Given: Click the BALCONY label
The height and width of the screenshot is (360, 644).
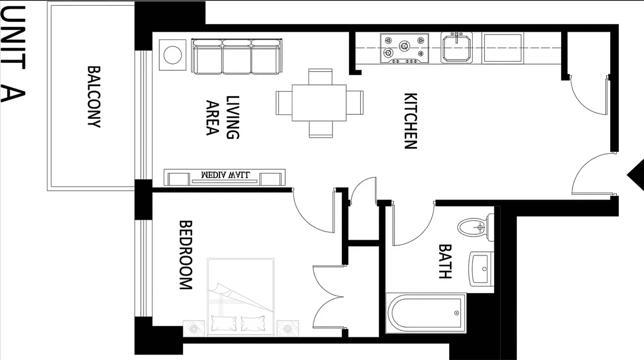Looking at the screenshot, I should point(94,97).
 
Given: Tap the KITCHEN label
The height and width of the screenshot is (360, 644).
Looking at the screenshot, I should point(411,121).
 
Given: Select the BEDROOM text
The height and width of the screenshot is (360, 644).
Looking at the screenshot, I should point(186,255).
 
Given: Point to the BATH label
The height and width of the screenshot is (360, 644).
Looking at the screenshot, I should point(445,261).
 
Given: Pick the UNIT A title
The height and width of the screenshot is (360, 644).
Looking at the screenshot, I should point(13,54).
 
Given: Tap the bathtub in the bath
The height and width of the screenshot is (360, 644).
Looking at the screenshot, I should point(426,313).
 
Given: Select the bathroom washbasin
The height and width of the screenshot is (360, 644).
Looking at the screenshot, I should point(481,269).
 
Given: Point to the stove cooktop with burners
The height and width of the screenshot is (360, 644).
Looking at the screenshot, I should point(404,48).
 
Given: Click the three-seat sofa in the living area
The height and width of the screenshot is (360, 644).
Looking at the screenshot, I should point(237,57).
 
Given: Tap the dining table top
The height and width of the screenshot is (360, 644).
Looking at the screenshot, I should point(319,103).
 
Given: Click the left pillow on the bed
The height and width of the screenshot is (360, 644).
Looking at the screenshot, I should point(224,323).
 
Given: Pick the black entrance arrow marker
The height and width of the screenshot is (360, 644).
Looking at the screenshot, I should point(636,175).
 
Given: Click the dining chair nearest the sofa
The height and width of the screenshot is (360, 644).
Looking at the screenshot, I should point(320,76).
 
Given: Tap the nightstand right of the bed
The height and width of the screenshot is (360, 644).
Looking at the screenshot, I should point(287,328).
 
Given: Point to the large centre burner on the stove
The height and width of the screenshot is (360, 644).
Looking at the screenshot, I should point(405,46).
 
